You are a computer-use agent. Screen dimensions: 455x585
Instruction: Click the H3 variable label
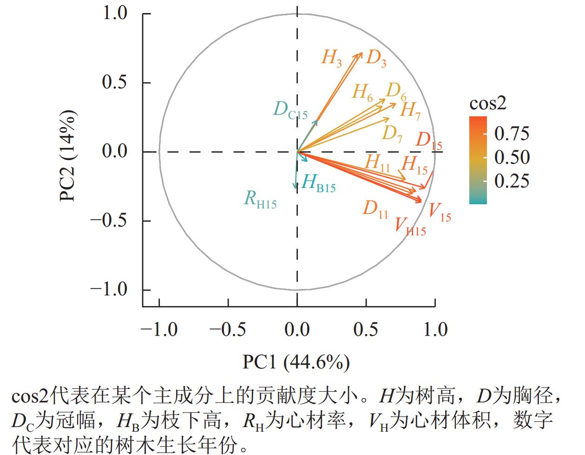[x=331, y=58]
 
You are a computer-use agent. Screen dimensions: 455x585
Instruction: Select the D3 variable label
[x=376, y=59]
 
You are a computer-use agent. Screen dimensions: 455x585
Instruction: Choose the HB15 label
[x=318, y=183]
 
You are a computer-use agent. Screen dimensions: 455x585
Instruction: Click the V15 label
[x=439, y=212]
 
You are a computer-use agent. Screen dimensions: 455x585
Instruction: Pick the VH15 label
[x=410, y=226]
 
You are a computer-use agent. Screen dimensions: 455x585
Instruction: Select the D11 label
[x=375, y=209]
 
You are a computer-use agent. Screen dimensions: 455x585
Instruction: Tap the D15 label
[x=428, y=141]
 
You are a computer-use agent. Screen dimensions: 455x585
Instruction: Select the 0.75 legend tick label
[x=512, y=134]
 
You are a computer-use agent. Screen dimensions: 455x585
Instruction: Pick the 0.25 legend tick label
[x=512, y=181]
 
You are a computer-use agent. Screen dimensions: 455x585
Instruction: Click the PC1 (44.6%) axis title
[x=296, y=362]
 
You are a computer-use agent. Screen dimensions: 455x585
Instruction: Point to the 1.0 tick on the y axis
[x=115, y=13]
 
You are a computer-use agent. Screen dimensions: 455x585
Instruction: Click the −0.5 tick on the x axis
[x=228, y=329]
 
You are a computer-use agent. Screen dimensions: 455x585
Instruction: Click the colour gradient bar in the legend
[x=478, y=160]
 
